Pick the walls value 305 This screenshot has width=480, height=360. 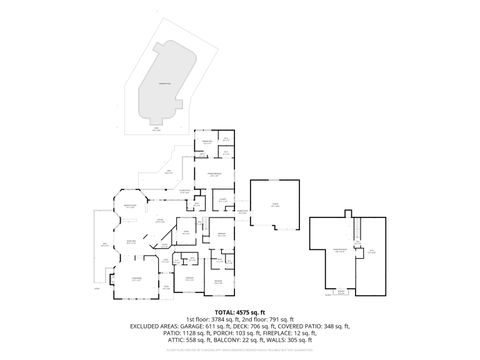pos(290,340)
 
